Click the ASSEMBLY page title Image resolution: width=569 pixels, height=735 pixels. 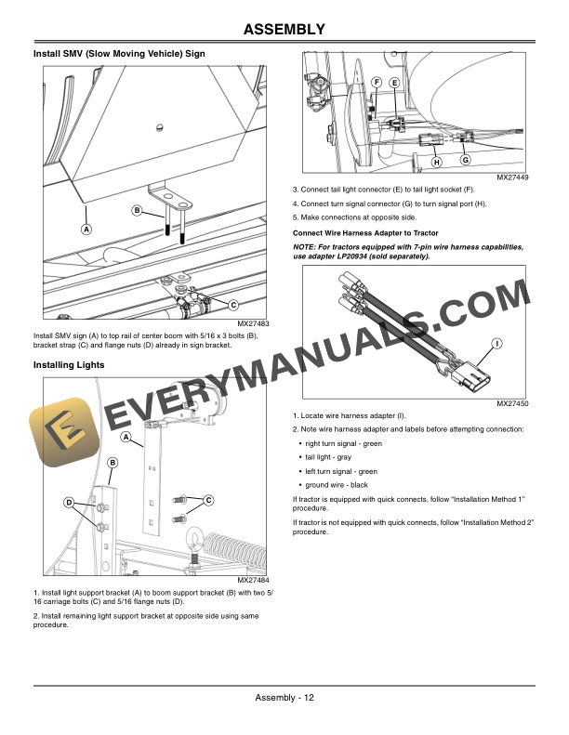pyautogui.click(x=284, y=30)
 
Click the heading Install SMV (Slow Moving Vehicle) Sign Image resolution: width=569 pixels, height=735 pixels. pyautogui.click(x=119, y=55)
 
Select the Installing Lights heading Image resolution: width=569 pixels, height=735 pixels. pyautogui.click(x=69, y=365)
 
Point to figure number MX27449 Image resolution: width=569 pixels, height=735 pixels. pyautogui.click(x=512, y=177)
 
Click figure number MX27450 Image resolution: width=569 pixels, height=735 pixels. pyautogui.click(x=512, y=404)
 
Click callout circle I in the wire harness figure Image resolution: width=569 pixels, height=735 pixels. pyautogui.click(x=497, y=344)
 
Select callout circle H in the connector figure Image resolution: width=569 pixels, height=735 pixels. pyautogui.click(x=435, y=163)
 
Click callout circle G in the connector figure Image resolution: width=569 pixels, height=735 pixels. pyautogui.click(x=464, y=160)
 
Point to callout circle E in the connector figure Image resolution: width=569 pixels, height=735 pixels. pyautogui.click(x=394, y=83)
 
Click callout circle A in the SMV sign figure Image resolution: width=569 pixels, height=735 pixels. pyautogui.click(x=86, y=228)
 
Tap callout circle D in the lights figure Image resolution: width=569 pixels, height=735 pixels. pyautogui.click(x=69, y=503)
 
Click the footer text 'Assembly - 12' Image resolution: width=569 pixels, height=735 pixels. pyautogui.click(x=284, y=699)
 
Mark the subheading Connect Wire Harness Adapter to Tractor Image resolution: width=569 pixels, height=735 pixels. pyautogui.click(x=365, y=232)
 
